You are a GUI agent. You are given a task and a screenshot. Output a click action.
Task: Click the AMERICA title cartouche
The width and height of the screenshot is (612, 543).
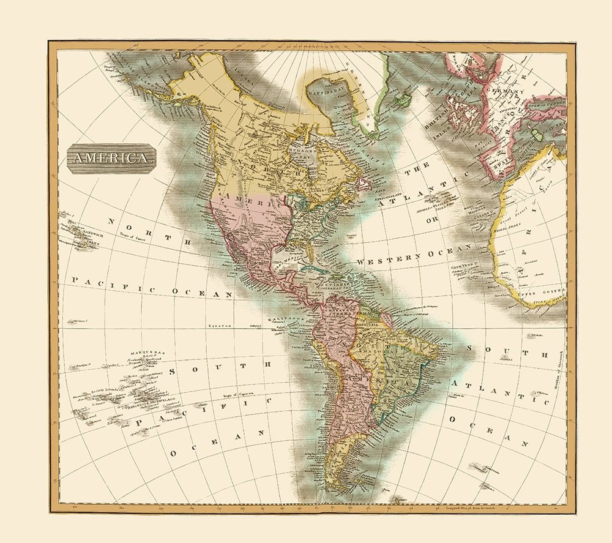coord(111,157)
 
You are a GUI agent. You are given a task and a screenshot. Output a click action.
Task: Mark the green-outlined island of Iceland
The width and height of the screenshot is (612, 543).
coord(402,98)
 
